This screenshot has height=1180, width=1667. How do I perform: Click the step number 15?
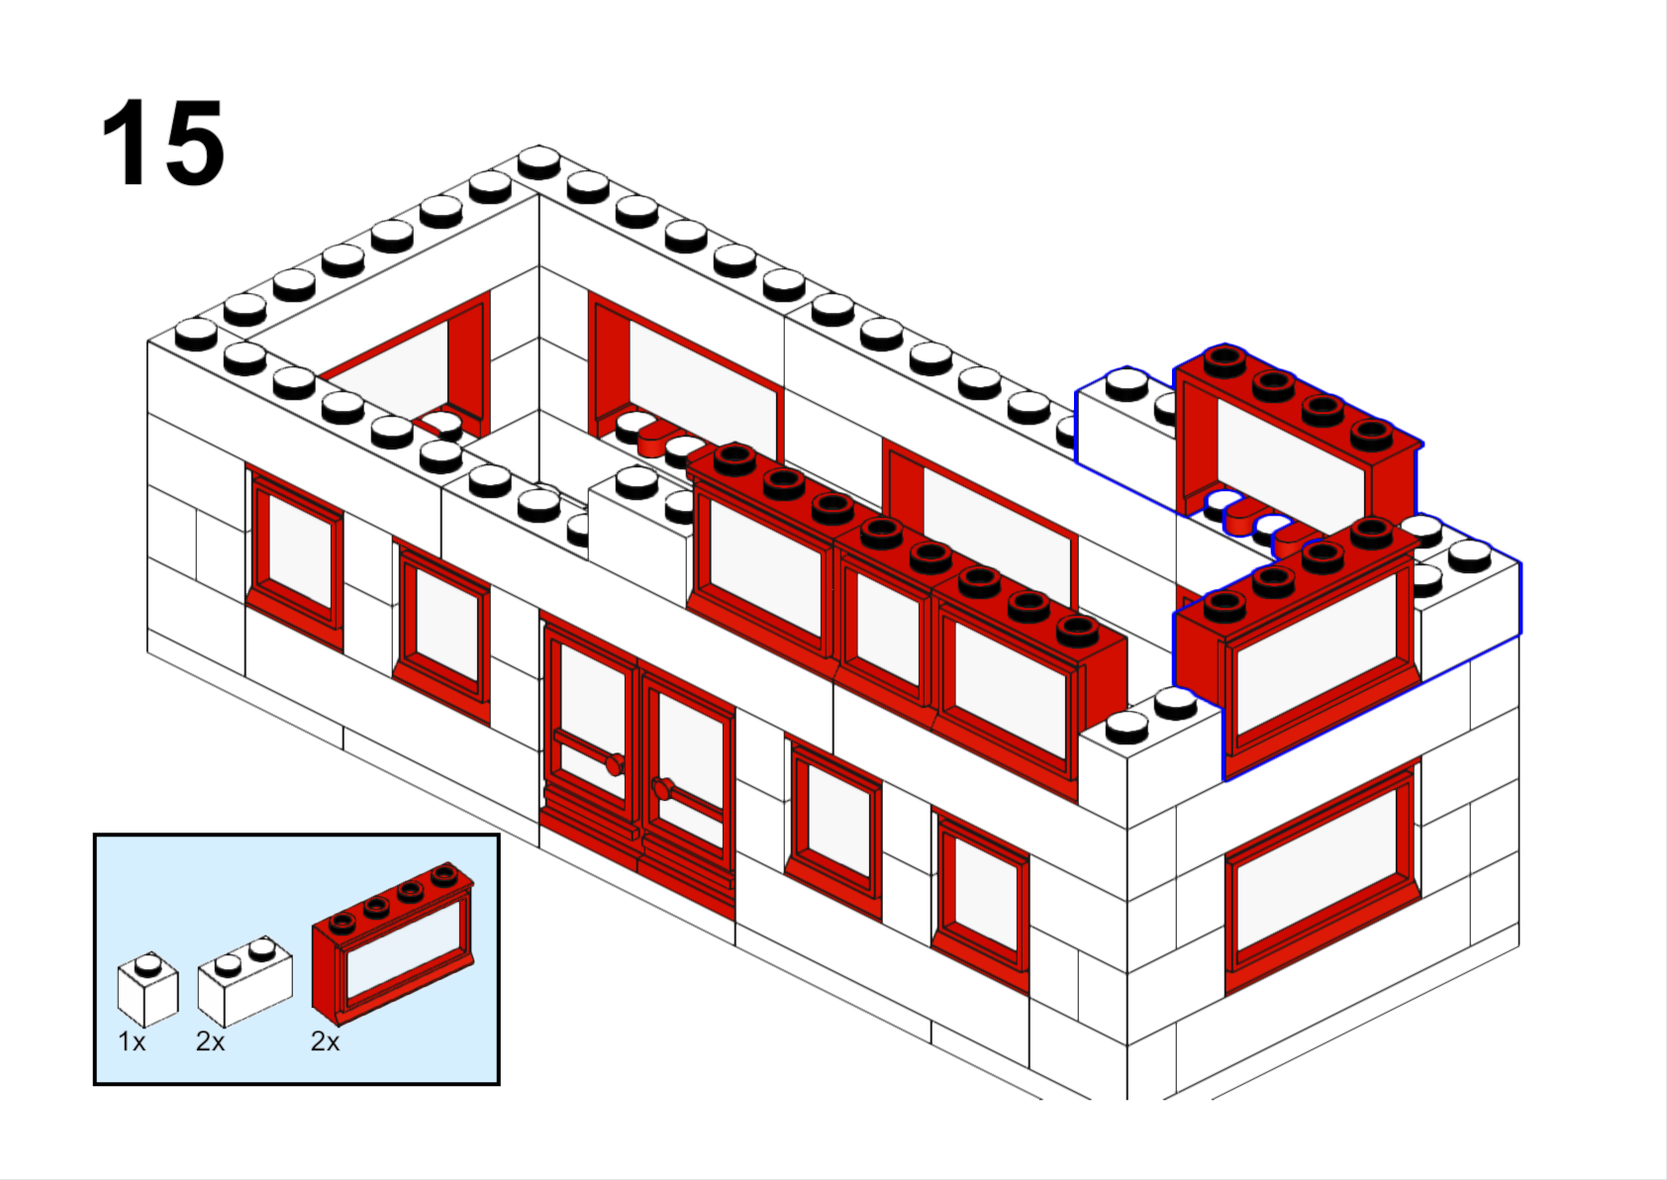[162, 142]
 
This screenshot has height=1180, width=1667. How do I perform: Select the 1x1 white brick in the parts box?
[148, 989]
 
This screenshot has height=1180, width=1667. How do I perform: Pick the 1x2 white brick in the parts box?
[245, 981]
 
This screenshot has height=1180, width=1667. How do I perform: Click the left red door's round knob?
[616, 764]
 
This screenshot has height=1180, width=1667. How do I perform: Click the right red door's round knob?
[663, 788]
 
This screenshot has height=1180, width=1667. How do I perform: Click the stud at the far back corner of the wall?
[539, 162]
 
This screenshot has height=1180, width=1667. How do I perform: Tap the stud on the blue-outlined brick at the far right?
[1469, 555]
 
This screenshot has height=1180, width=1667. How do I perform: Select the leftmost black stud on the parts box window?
[343, 923]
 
